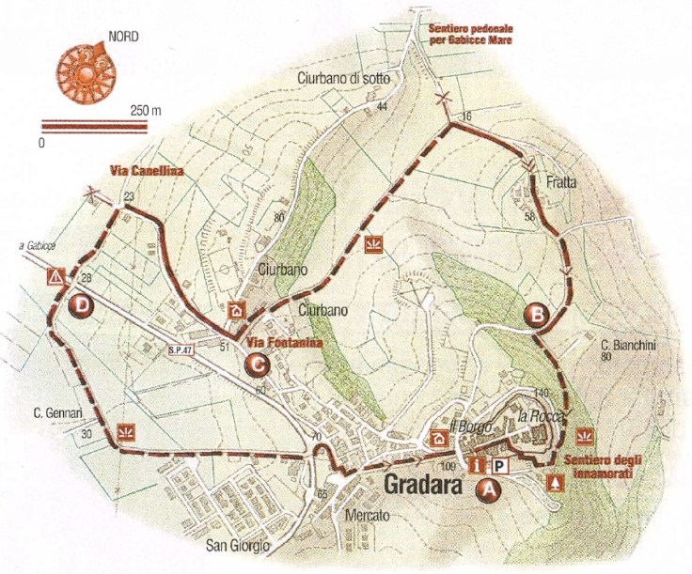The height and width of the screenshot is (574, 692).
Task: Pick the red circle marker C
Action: click(254, 363)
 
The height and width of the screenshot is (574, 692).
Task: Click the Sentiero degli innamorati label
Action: click(610, 467)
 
